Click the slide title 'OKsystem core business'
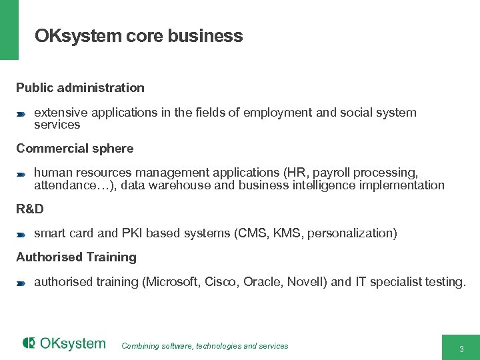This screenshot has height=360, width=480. coord(139,36)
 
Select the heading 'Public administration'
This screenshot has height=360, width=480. coord(80,87)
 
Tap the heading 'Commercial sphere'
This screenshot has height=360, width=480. coord(75,148)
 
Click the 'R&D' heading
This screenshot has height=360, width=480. coord(30,209)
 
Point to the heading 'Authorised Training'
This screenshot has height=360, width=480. coord(76,257)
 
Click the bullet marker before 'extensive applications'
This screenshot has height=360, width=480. coord(21,113)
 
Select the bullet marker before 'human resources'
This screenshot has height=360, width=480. coord(21,174)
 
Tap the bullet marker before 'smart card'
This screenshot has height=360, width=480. coord(21,234)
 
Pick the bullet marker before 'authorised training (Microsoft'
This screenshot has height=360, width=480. coord(21,283)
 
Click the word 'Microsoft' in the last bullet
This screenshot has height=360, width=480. coord(171,282)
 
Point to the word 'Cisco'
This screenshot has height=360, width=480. coord(221,282)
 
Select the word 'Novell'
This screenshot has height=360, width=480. coord(305,282)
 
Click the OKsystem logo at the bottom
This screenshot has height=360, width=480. coord(64,343)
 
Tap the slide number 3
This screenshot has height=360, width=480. coord(461,349)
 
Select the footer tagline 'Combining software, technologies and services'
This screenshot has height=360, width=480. coord(205,346)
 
